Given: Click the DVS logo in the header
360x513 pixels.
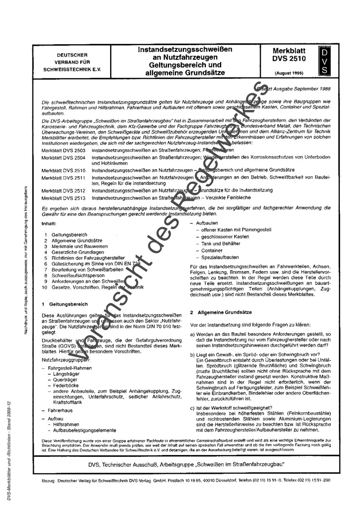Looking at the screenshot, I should point(324,62).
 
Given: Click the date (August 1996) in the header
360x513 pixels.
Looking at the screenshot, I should point(289,73).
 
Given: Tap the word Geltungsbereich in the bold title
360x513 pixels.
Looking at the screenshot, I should point(169,65).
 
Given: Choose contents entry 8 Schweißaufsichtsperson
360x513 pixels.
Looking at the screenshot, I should point(73,275).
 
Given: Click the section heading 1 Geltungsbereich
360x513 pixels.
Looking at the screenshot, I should point(65,304).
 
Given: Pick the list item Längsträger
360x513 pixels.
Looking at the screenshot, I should point(66,374).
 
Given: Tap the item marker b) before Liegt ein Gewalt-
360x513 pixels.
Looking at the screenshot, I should point(193,355).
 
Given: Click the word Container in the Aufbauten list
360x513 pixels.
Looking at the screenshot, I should point(212,251).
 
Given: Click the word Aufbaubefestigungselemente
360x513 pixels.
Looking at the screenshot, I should point(85,430).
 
